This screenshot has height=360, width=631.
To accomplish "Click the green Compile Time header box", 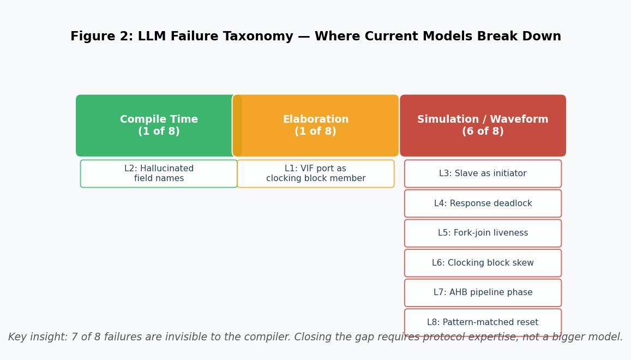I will (158, 125).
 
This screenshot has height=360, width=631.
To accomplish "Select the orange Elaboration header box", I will (316, 125).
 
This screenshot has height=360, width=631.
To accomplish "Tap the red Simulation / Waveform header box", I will (483, 125).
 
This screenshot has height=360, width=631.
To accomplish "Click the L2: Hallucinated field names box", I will (159, 173).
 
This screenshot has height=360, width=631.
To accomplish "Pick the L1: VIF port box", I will (316, 173).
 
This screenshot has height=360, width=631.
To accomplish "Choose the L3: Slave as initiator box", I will (483, 173).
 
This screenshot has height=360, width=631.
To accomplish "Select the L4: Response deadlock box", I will (483, 203).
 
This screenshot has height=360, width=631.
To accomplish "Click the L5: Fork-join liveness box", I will (483, 233).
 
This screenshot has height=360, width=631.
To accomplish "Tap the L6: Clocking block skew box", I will (483, 263).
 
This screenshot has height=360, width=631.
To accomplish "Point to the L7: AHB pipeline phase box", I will (483, 293).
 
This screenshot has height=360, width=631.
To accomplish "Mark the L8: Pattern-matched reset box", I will (483, 322).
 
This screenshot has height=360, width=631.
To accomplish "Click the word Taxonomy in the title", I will (256, 37).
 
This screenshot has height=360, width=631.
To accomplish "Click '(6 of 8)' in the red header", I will (483, 132).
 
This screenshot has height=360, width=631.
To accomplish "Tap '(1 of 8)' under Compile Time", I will (159, 132).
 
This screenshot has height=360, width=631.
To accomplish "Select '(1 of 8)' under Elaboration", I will (316, 132).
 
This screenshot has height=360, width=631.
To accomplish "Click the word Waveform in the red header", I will (523, 119).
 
